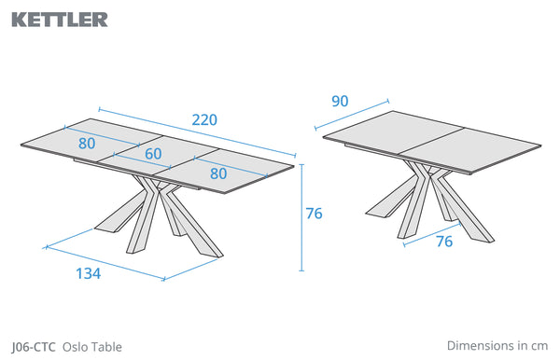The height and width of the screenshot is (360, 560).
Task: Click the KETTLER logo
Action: (60, 20)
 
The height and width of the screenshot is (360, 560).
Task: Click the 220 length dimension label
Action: (204, 120)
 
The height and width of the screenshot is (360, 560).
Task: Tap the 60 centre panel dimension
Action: (153, 154)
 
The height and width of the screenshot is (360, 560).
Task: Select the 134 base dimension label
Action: (89, 273)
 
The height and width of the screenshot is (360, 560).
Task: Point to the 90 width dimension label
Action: (340, 102)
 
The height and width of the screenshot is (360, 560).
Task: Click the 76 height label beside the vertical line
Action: (314, 214)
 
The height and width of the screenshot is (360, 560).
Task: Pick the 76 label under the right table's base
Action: (444, 242)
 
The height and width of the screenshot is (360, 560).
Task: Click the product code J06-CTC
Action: (34, 347)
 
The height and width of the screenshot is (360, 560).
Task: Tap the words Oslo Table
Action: (92, 347)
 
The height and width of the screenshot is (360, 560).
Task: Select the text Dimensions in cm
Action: (497, 345)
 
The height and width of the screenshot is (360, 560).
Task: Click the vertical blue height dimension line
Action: (301, 217)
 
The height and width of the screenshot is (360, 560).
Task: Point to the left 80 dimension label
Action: (87, 144)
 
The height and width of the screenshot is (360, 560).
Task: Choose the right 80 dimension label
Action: (218, 173)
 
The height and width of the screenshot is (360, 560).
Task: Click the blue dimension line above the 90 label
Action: (352, 115)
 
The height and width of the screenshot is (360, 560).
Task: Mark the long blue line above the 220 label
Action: (197, 132)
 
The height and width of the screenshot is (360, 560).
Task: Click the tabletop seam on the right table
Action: (432, 141)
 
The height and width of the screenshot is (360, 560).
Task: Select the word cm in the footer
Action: (539, 346)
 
